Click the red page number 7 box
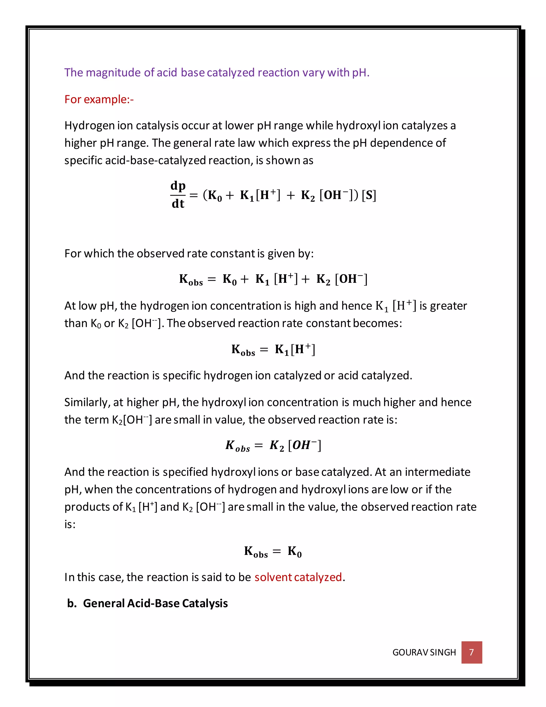click(471, 652)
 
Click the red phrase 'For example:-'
click(99, 100)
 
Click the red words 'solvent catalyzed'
click(298, 577)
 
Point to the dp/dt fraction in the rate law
click(178, 194)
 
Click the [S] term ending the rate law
click(369, 195)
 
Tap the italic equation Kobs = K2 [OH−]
click(273, 446)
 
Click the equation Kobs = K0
click(273, 551)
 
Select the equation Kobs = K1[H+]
click(273, 349)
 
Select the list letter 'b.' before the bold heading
click(72, 603)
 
